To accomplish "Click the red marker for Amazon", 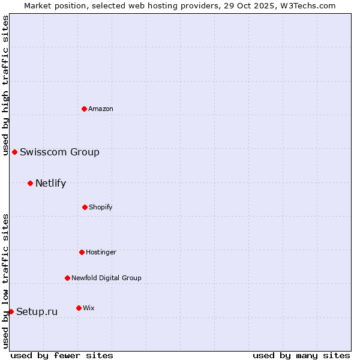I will click(85, 109).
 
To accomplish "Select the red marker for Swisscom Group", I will click(14, 152).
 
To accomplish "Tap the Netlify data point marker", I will click(30, 183).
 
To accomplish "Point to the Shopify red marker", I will click(85, 207).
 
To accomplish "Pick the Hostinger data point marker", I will click(82, 252).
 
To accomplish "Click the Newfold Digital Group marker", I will click(67, 278).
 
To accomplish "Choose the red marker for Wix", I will click(79, 308).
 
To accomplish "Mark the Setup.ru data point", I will click(11, 311).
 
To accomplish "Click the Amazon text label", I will click(101, 109).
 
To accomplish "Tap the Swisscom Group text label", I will click(59, 152).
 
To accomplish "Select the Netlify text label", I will click(50, 184).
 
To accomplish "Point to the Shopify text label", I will click(100, 208).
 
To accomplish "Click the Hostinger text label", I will click(101, 253).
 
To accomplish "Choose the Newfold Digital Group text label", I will click(106, 278).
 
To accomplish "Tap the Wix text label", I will click(88, 308).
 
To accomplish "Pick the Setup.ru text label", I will click(37, 312).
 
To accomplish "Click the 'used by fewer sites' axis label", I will click(62, 355).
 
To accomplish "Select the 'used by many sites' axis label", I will click(301, 355).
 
